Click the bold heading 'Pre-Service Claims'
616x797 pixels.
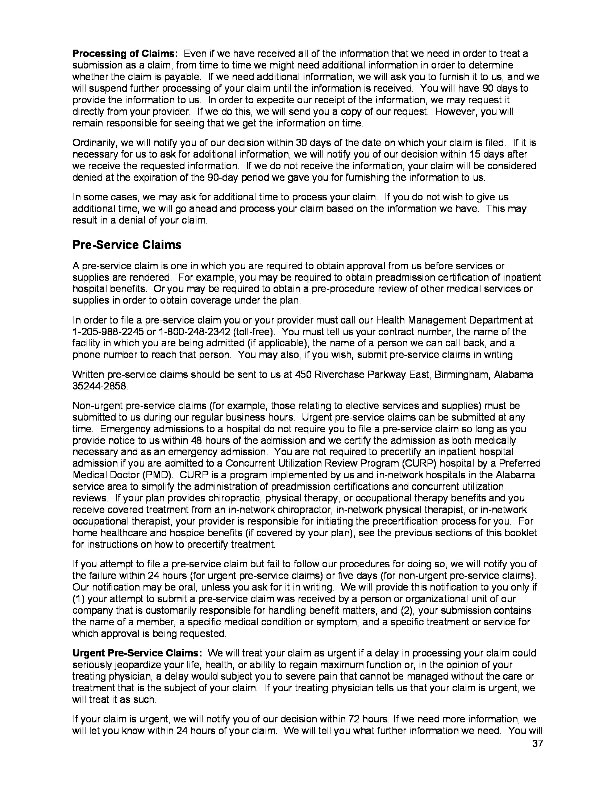click(x=126, y=245)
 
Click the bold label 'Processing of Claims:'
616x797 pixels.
click(x=125, y=54)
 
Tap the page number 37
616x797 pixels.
click(x=537, y=744)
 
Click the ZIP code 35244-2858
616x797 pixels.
click(x=100, y=386)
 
